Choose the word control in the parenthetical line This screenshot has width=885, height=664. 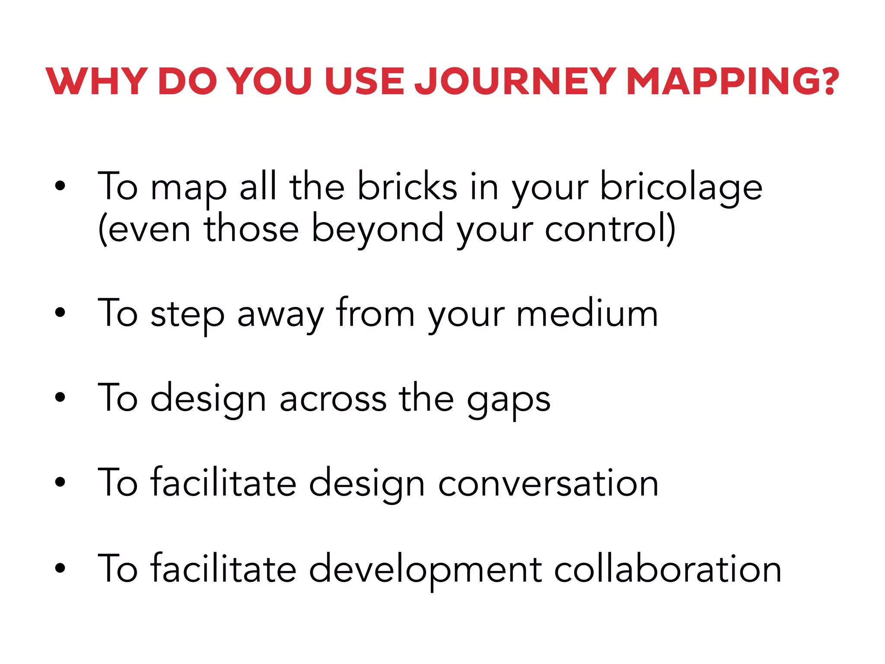[x=605, y=229]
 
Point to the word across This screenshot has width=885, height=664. [x=333, y=399]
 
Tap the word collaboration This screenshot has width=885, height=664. [x=668, y=569]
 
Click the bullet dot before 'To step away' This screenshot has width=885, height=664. [x=60, y=312]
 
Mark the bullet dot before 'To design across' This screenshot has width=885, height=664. [x=60, y=397]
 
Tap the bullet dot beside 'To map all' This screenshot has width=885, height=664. [x=60, y=186]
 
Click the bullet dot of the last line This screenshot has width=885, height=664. [x=60, y=568]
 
